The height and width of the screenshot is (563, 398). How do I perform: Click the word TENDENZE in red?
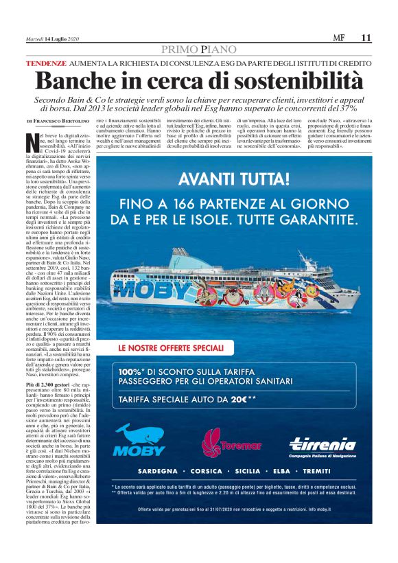[46, 62]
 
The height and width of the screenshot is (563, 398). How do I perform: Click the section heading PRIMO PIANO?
[198, 49]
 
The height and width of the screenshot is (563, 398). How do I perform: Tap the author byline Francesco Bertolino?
[61, 121]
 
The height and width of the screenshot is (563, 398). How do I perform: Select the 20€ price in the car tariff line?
[238, 398]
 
